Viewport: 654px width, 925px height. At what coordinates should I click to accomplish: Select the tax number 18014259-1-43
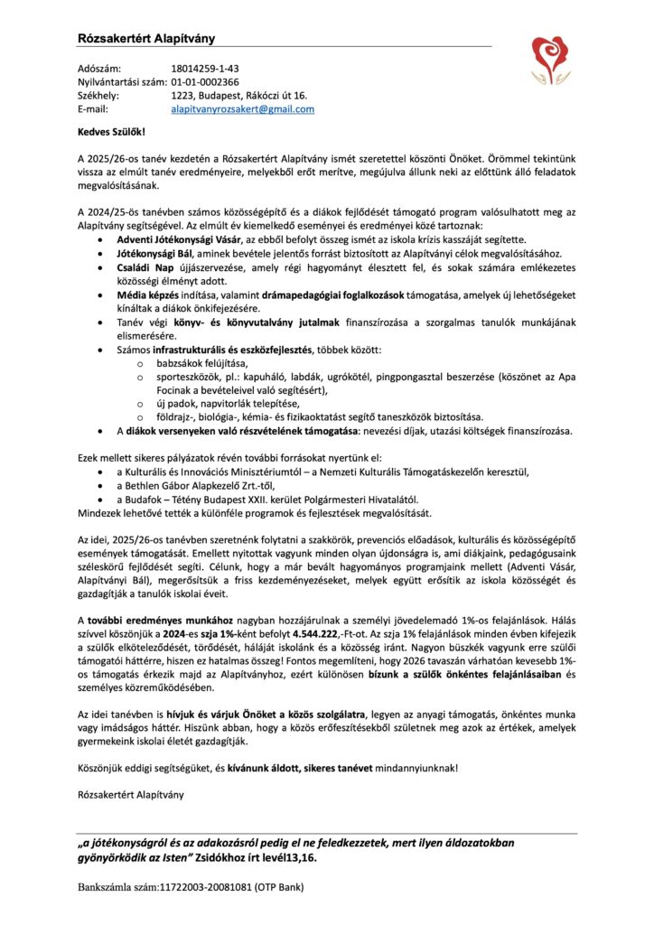coord(204,68)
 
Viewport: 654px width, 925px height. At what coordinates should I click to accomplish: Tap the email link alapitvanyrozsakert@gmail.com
coord(242,108)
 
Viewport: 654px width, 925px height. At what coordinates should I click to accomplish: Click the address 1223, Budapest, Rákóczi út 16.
coord(239,95)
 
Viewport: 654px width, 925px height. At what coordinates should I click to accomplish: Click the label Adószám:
coord(99,68)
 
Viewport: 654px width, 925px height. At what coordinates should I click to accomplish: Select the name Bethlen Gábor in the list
coord(164,485)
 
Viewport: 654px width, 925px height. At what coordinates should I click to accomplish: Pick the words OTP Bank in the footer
coord(281,887)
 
